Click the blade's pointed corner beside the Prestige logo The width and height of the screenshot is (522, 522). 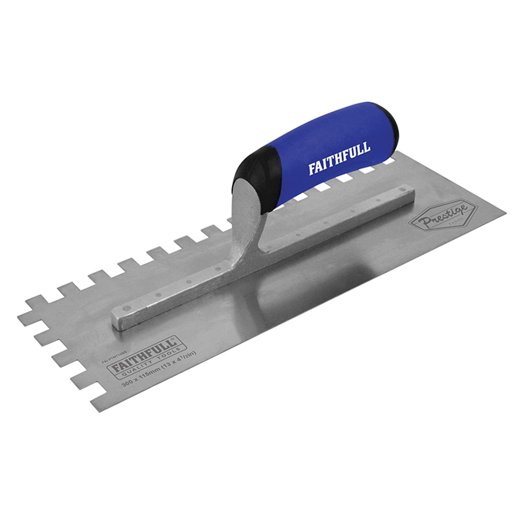[x=505, y=214]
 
